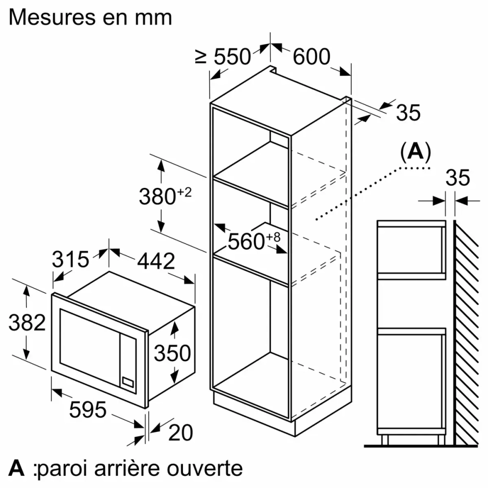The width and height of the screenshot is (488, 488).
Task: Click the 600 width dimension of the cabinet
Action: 311,57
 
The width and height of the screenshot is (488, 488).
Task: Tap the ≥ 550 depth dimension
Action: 223,57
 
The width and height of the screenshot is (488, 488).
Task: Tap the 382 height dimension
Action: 27,322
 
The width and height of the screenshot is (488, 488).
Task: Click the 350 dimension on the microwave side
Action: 172,353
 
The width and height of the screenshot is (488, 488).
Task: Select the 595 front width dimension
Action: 88,409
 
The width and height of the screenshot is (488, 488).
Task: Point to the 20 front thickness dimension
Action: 181,432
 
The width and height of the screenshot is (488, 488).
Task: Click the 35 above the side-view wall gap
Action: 458,178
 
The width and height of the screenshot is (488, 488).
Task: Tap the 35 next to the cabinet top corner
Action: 408,112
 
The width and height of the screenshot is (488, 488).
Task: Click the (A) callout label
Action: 415,152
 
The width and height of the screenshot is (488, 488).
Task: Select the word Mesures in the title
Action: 52,17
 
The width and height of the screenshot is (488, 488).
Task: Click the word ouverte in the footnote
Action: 205,468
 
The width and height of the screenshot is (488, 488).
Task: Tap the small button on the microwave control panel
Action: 128,382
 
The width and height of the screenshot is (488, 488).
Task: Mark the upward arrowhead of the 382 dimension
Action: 26,291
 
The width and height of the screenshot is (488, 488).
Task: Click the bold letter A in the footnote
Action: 17,468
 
